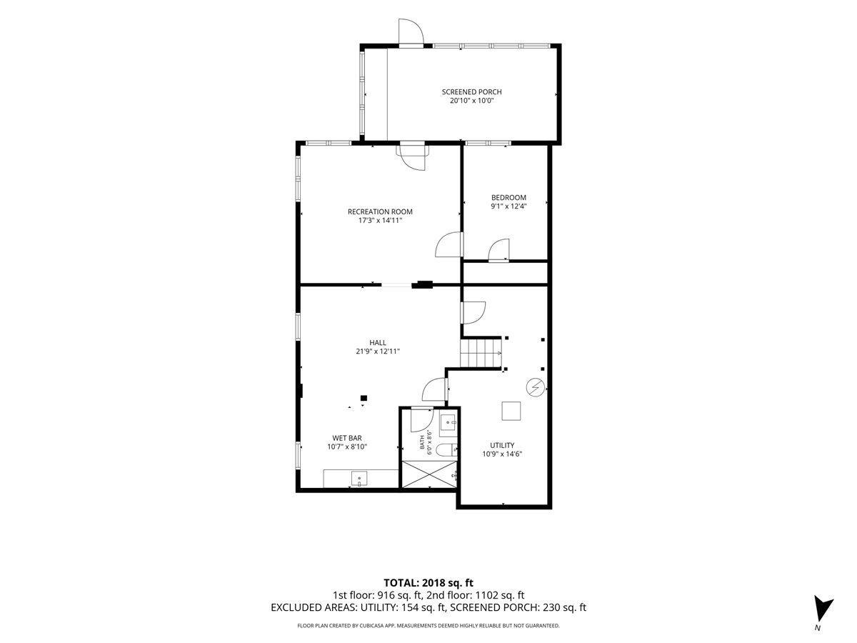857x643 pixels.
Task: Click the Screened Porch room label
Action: click(x=471, y=92)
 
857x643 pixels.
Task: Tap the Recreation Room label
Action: click(x=380, y=211)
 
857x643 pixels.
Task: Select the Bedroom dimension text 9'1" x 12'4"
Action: click(x=508, y=206)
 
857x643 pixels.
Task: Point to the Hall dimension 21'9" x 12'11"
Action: click(x=378, y=352)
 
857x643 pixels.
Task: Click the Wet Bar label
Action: click(x=346, y=438)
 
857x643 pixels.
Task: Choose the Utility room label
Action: click(x=502, y=445)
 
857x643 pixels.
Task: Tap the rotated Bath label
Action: click(x=421, y=442)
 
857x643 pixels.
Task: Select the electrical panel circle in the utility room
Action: click(x=535, y=387)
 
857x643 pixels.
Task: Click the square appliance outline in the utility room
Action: click(x=511, y=411)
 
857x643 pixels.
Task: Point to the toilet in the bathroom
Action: click(x=446, y=450)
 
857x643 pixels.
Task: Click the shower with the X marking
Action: click(x=429, y=474)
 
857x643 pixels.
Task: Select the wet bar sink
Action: click(x=359, y=479)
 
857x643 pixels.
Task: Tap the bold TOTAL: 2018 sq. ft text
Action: click(x=428, y=583)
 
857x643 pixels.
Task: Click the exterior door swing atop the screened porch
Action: click(x=411, y=32)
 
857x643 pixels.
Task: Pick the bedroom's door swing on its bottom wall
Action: click(x=498, y=249)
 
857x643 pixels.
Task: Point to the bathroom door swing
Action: click(x=422, y=419)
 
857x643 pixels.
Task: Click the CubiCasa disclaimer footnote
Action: click(x=428, y=626)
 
